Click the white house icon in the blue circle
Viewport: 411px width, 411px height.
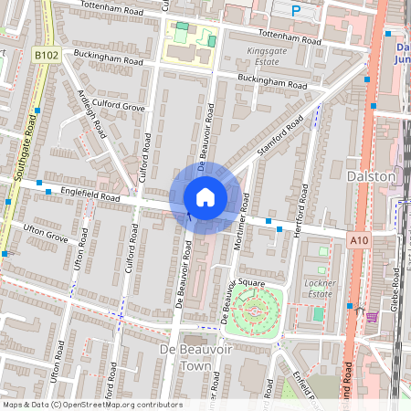(x=205, y=197)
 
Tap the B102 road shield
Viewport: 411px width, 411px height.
(x=47, y=57)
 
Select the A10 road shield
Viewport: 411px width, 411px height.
(x=360, y=239)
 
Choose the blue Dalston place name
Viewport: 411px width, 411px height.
(x=372, y=175)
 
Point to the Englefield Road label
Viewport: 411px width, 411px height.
(x=90, y=195)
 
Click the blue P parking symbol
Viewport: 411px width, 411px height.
(x=295, y=10)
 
